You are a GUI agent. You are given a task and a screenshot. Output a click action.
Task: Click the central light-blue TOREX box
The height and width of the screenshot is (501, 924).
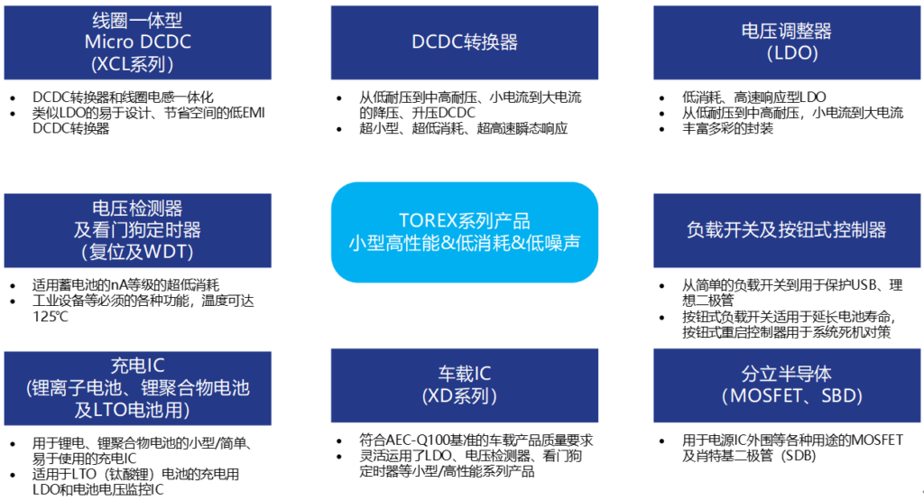click(465, 232)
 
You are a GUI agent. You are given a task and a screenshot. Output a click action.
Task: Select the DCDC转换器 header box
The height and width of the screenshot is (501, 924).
click(465, 42)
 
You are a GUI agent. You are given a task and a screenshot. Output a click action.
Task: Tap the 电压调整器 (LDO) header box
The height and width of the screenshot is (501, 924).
click(787, 42)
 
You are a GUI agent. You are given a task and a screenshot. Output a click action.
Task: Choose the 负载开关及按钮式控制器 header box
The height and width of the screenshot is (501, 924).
click(787, 230)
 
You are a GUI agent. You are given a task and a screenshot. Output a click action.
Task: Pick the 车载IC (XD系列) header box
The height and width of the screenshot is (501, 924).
click(465, 385)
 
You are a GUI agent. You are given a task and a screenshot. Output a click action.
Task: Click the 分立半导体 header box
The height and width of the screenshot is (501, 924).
click(787, 385)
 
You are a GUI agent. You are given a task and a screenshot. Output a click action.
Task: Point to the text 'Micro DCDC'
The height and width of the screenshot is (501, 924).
click(138, 42)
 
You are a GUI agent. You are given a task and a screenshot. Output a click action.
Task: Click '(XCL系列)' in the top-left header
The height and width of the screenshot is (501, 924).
click(132, 64)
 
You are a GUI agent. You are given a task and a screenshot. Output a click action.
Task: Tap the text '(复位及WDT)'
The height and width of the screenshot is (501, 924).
click(137, 252)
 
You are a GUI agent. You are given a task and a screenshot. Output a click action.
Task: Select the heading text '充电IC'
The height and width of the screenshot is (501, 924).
click(138, 366)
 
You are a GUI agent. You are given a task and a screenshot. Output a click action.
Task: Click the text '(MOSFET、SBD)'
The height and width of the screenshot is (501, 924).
click(792, 395)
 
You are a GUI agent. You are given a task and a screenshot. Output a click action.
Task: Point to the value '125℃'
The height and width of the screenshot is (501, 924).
click(51, 317)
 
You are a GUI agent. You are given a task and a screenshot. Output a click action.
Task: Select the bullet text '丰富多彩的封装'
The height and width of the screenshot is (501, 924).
click(728, 128)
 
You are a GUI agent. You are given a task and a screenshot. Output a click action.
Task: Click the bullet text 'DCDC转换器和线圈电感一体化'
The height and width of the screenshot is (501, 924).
click(123, 97)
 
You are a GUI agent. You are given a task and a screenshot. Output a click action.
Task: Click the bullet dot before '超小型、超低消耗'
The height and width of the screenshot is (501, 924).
click(339, 129)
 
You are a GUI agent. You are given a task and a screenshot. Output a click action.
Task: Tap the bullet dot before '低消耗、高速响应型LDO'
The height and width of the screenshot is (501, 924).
click(661, 97)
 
